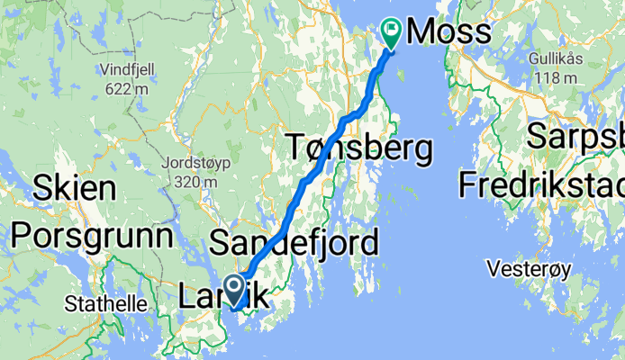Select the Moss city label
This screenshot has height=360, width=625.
[449, 32]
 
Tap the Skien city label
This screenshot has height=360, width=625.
[75, 189]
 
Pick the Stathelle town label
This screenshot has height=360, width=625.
[107, 303]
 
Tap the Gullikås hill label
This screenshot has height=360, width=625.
[557, 58]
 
